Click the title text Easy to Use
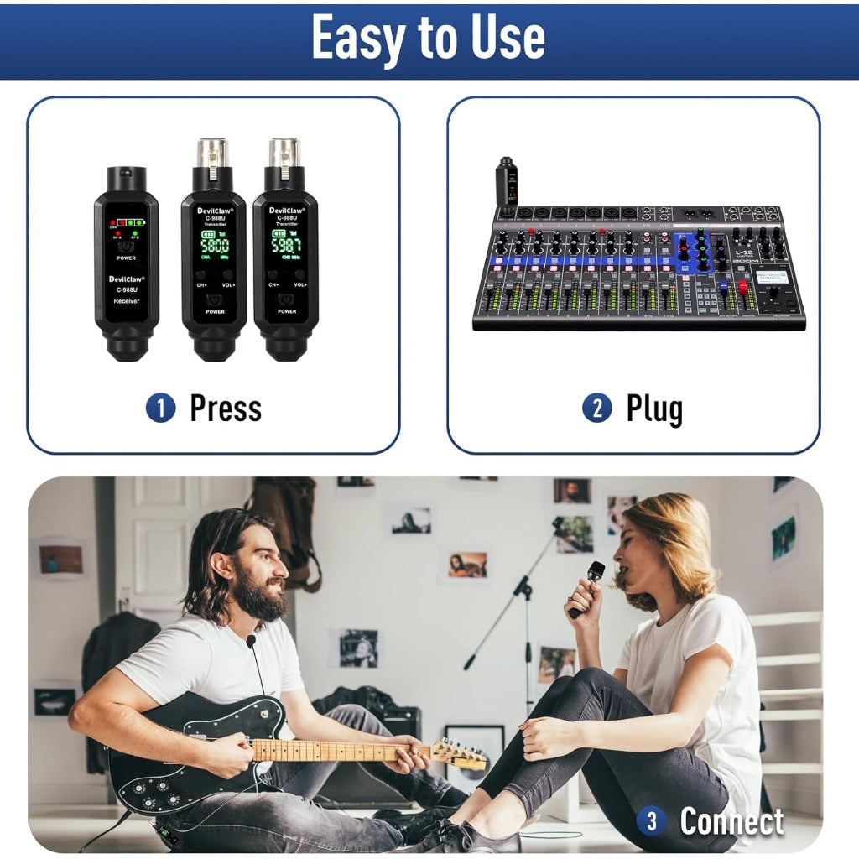[x=429, y=38]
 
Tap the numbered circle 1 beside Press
[x=160, y=409]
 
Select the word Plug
[x=654, y=409]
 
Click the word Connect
[x=731, y=821]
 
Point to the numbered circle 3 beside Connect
[x=651, y=821]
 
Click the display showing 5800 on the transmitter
[x=213, y=246]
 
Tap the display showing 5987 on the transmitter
[x=285, y=246]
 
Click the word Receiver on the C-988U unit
[x=126, y=300]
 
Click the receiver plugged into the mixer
[x=507, y=180]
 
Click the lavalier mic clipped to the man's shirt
[x=250, y=641]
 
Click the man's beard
[x=258, y=596]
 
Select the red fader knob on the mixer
[x=742, y=287]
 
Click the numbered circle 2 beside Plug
[x=596, y=409]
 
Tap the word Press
[x=226, y=409]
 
